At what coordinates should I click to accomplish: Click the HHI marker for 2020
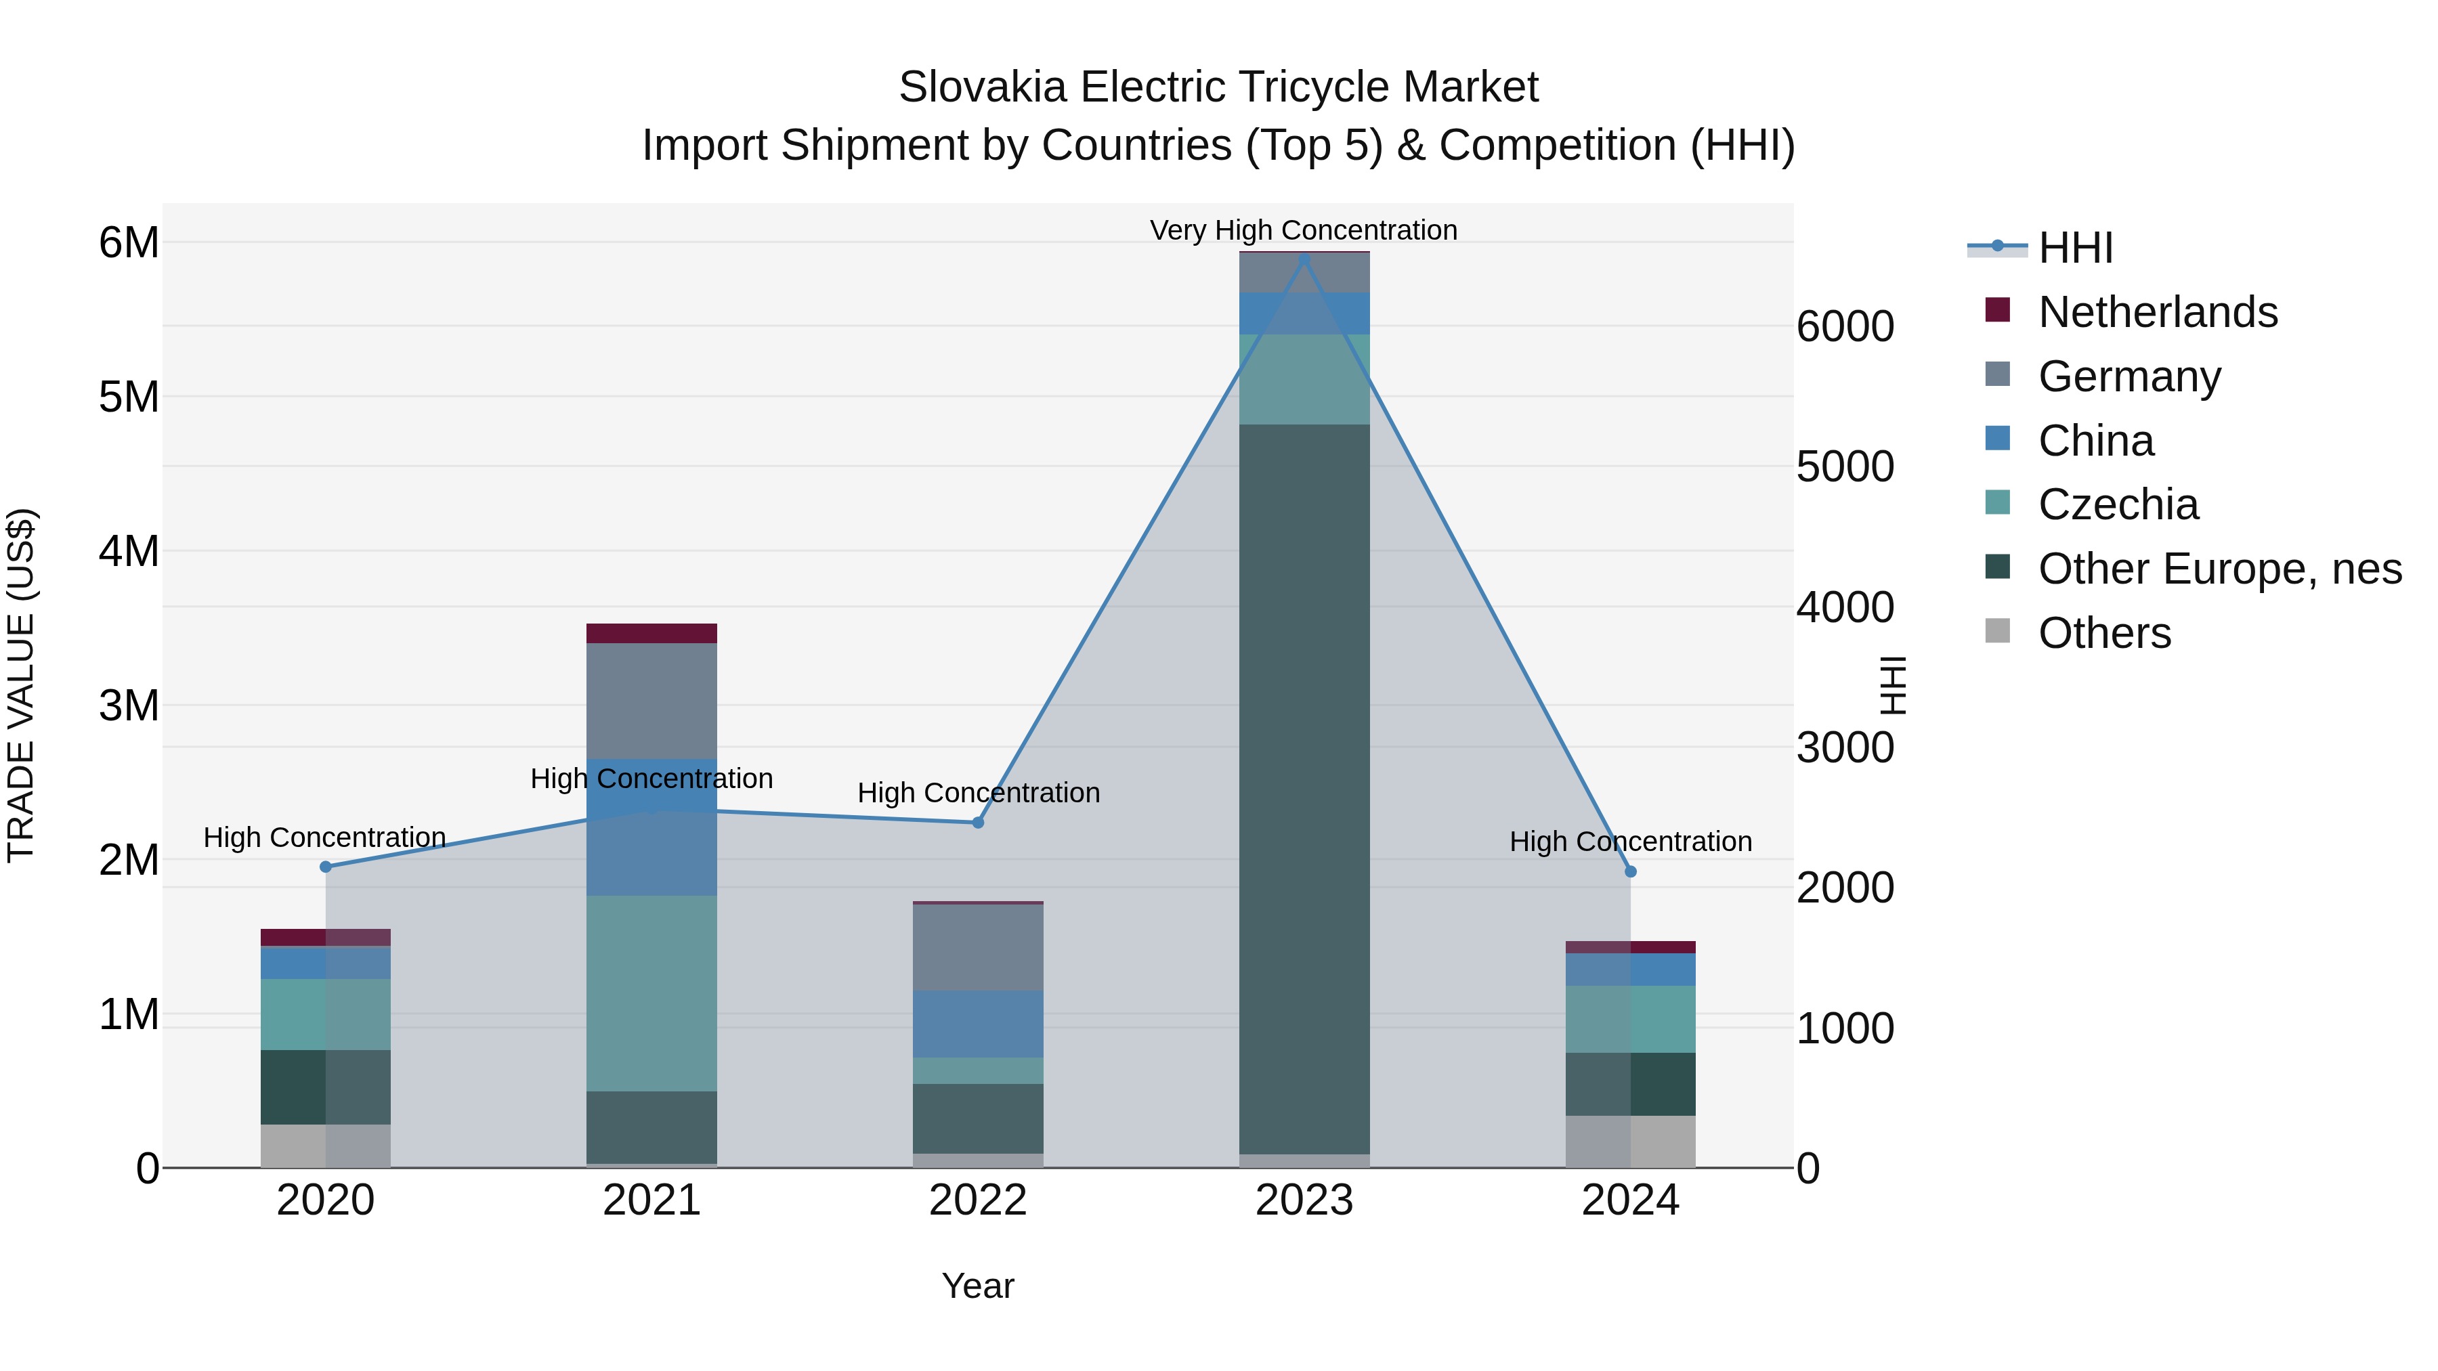326,867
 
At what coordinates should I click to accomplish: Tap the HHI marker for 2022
978,822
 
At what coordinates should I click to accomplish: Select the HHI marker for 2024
1630,871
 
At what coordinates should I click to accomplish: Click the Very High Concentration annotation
1303,230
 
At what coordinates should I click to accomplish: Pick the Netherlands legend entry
2157,312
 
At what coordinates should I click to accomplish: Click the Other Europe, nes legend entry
2219,569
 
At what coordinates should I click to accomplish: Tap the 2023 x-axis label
1303,1200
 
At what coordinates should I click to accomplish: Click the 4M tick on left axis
129,550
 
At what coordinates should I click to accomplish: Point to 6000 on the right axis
1845,326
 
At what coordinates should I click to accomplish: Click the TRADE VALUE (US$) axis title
21,685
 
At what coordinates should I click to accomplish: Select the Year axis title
978,1286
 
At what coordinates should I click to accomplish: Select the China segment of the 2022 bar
978,1024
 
